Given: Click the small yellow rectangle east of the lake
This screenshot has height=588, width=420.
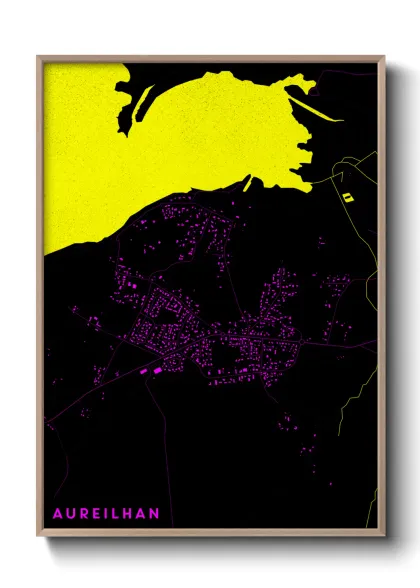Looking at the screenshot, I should tap(347, 197).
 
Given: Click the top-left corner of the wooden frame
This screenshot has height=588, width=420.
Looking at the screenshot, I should tap(39, 57).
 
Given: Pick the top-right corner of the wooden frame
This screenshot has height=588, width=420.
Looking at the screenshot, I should tap(383, 57).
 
